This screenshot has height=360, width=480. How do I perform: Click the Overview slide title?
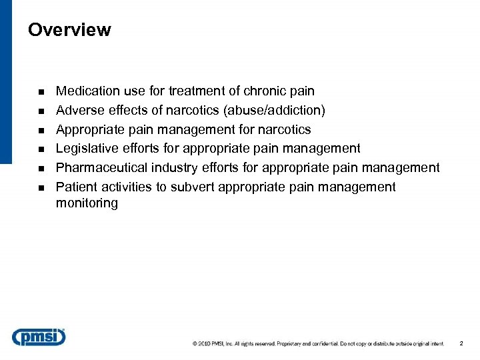pos(69,30)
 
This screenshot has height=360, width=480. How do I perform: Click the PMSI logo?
pos(39,337)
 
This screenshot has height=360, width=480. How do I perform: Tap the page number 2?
pos(461,343)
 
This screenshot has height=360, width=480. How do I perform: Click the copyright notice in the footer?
pos(318,344)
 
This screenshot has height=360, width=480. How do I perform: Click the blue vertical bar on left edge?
pos(5,80)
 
